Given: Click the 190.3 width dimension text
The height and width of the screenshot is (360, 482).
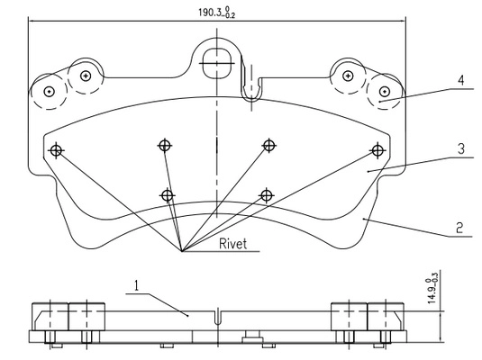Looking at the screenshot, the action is [x=217, y=13].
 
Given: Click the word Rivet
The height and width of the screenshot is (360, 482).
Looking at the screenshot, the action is [x=232, y=244].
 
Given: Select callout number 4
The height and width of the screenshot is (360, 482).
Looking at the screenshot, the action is [x=460, y=80].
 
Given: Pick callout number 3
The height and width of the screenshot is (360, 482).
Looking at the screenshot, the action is [x=460, y=149].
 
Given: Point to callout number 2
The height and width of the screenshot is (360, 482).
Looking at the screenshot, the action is [x=459, y=229].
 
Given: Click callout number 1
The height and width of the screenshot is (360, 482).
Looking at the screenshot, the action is [x=136, y=285].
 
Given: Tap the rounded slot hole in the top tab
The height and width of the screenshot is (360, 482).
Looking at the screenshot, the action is [x=217, y=63].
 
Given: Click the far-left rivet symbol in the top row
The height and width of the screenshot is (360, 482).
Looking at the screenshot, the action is [x=56, y=150].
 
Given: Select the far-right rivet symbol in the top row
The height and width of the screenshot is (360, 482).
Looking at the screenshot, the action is [x=377, y=150].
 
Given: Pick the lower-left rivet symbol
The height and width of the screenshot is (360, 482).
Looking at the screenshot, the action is [x=168, y=195].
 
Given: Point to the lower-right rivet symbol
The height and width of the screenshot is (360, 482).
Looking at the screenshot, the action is [x=267, y=195].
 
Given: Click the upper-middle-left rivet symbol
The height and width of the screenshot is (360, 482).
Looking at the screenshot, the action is [x=165, y=145].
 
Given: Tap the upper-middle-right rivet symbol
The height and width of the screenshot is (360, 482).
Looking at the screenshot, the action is [x=269, y=145].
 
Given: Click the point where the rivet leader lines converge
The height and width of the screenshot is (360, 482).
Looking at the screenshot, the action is [x=182, y=252].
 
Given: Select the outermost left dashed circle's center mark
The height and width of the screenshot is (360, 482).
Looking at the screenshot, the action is [x=49, y=91].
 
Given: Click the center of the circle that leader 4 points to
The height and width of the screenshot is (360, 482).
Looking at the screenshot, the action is [x=384, y=91].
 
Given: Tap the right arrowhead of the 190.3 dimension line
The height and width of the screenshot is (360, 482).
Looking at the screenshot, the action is [x=402, y=22].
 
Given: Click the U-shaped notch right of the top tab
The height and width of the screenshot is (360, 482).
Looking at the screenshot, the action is [x=251, y=88].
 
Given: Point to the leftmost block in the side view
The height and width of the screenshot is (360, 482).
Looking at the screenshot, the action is [x=50, y=317].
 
